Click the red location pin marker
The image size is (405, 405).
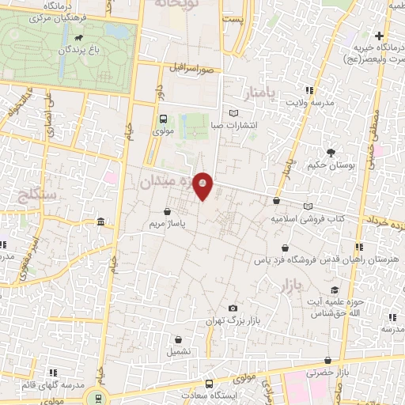click(203, 186)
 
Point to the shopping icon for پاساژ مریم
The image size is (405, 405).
click(168, 211)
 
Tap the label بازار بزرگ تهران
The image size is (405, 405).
click(233, 321)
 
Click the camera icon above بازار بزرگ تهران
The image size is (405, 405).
click(233, 308)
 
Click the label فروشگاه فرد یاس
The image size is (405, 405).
click(290, 259)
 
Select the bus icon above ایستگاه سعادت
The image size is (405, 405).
click(211, 380)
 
